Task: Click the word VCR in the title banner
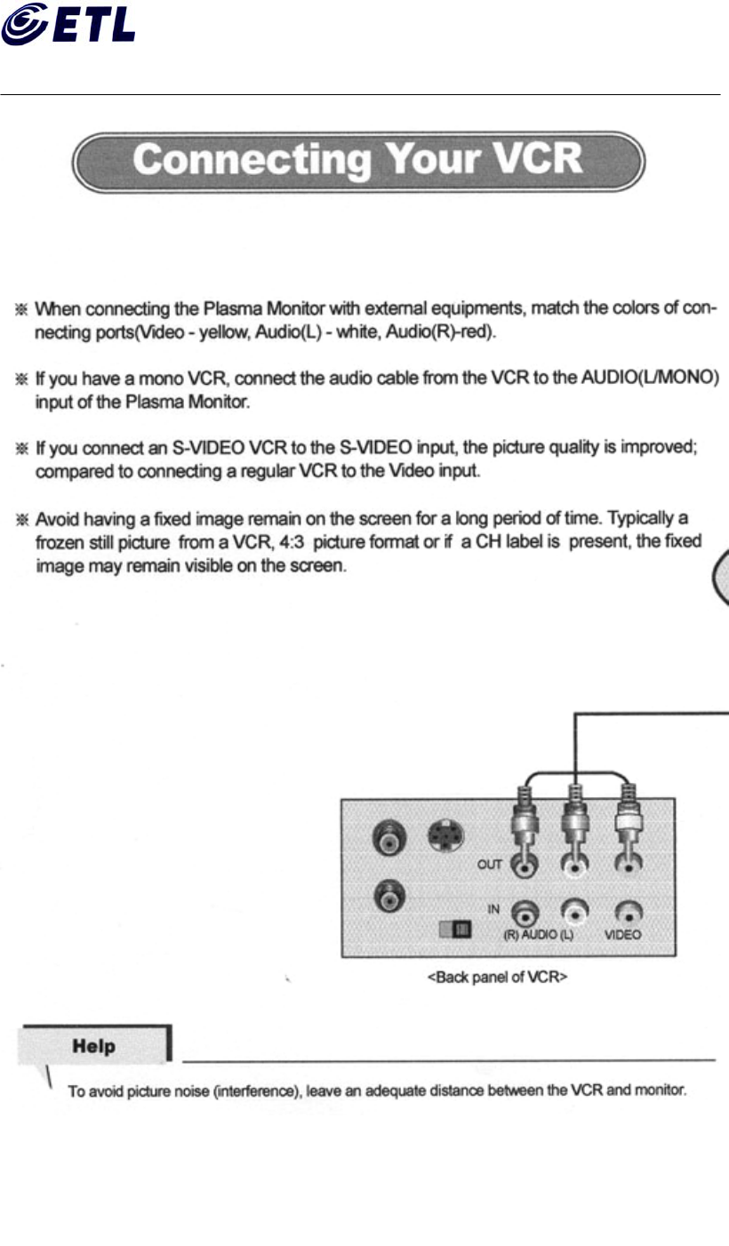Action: [538, 160]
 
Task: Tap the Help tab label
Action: [93, 1046]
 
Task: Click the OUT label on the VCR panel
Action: [490, 864]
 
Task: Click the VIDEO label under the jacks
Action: [622, 935]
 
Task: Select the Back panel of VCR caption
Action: [498, 978]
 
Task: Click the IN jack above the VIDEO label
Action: [629, 912]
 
